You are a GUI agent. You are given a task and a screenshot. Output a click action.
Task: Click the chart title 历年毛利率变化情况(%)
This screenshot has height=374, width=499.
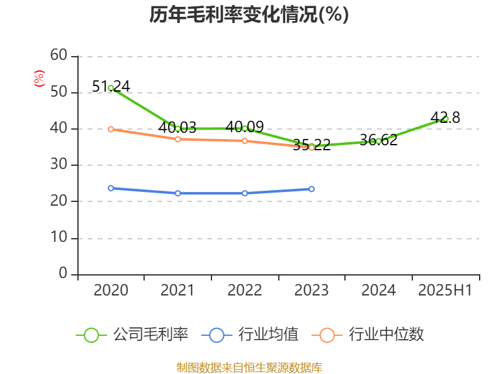coord(249,15)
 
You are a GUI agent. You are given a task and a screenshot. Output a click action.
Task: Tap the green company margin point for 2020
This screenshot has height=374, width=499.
coord(111,88)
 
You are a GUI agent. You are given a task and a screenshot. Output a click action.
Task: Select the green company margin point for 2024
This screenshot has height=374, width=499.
coord(379,141)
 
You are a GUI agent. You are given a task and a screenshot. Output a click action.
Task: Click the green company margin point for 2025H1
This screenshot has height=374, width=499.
coord(445,118)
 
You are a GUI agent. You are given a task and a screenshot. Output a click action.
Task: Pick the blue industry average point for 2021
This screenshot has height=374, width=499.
coord(178,193)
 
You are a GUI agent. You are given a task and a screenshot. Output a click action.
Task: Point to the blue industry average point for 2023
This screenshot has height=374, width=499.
coord(312,189)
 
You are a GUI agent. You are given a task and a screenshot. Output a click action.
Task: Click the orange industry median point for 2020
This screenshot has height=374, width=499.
coord(111,129)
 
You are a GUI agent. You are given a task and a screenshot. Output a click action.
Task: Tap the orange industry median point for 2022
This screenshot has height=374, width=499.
coord(245,141)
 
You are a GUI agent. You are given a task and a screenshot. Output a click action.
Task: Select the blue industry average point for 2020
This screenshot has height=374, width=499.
coord(111,188)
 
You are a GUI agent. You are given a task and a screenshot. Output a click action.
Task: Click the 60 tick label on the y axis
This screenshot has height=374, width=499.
coord(59,55)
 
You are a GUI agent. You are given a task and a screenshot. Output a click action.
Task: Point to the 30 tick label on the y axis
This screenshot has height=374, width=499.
coord(59,165)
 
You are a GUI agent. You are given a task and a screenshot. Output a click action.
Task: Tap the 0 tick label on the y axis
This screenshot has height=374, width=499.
coord(63,274)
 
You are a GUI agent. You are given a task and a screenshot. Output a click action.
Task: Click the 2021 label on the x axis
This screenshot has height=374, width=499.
coord(178,290)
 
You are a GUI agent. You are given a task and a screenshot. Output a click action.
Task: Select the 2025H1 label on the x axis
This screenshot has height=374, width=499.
coord(445,290)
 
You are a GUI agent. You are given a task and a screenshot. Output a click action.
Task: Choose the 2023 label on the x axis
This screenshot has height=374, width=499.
coord(312,290)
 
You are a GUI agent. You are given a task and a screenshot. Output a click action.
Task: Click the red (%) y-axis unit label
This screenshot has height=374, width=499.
coord(39,79)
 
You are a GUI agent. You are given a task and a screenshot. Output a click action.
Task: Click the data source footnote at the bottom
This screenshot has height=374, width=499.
coord(249,367)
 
